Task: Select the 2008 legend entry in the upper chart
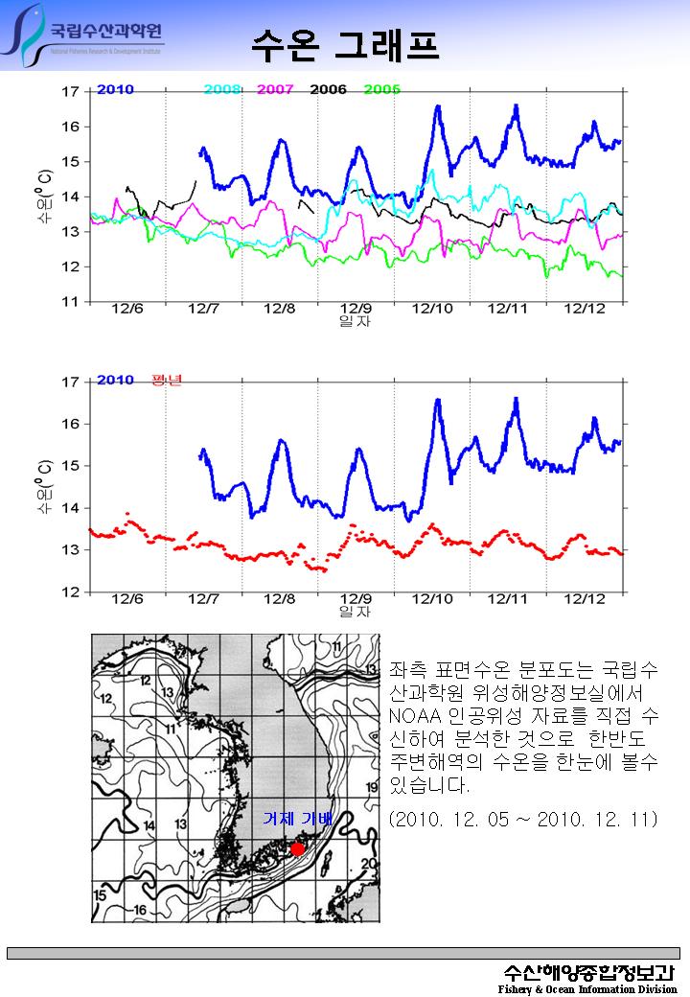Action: coord(222,89)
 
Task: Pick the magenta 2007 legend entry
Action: coord(275,89)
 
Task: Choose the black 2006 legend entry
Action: coord(328,89)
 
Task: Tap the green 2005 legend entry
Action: coord(381,89)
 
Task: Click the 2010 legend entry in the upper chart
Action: coord(115,89)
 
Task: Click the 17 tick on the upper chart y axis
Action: coord(70,92)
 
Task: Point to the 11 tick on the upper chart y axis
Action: coord(70,302)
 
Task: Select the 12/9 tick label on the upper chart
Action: coord(356,309)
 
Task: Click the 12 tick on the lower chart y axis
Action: coord(70,592)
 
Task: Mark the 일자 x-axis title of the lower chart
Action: coord(355,611)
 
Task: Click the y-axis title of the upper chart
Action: coord(44,197)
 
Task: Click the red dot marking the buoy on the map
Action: coord(298,848)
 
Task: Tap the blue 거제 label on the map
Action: coord(280,820)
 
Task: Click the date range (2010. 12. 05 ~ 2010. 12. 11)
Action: coord(523,821)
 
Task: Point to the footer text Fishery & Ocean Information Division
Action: coord(587,988)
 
